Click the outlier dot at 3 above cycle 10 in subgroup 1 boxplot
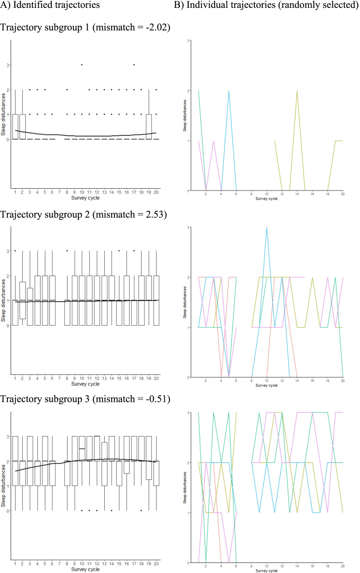(x=82, y=65)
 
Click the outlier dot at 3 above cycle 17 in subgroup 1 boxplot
(x=134, y=65)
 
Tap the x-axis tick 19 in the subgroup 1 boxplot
(x=149, y=192)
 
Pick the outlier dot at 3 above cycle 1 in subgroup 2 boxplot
(x=15, y=251)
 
